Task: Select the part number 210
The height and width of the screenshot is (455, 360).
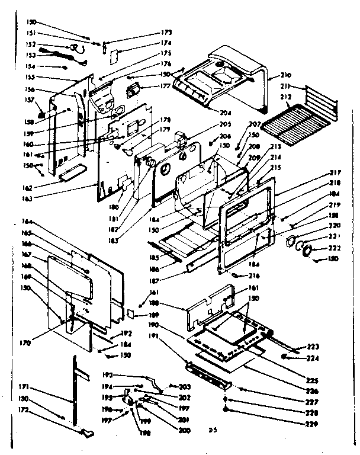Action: coord(286,76)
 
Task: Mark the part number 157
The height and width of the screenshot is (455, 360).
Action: coord(27,100)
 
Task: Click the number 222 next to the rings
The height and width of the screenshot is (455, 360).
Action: coord(335,248)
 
